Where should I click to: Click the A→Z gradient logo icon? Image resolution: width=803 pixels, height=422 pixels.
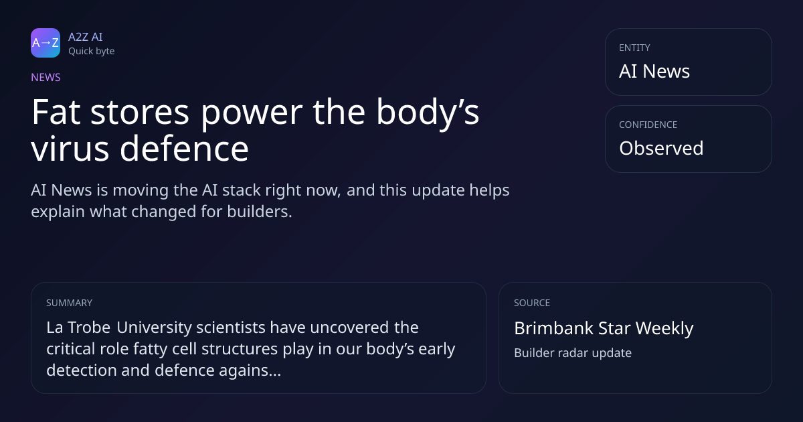[x=46, y=43]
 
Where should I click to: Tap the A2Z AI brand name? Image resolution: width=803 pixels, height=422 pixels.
[x=86, y=37]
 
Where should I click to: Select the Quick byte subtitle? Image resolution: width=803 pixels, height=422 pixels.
[x=92, y=52]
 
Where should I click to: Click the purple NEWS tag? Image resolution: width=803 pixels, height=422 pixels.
[x=46, y=77]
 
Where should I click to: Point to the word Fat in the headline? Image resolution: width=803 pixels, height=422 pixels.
[x=56, y=112]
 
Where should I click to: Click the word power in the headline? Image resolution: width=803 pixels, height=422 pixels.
[x=252, y=114]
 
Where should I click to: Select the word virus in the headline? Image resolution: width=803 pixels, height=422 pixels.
[x=70, y=148]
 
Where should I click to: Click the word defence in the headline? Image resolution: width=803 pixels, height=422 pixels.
[x=184, y=147]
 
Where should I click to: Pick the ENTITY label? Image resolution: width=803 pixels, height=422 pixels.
[x=634, y=48]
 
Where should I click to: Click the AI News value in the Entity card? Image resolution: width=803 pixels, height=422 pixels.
[x=654, y=71]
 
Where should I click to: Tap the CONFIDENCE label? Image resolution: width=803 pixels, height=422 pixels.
[x=648, y=125]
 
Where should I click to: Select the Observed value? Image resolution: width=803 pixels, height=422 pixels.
[x=661, y=148]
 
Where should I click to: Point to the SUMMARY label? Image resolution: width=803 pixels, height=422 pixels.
[x=69, y=303]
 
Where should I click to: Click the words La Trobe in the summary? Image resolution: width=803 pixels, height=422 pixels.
[x=78, y=328]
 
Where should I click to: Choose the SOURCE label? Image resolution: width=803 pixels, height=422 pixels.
[x=532, y=303]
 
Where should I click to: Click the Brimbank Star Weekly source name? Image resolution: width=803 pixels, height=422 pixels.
[x=604, y=328]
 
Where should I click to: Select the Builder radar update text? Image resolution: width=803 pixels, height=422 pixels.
[x=573, y=353]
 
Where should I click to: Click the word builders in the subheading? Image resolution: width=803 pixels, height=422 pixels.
[x=260, y=212]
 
